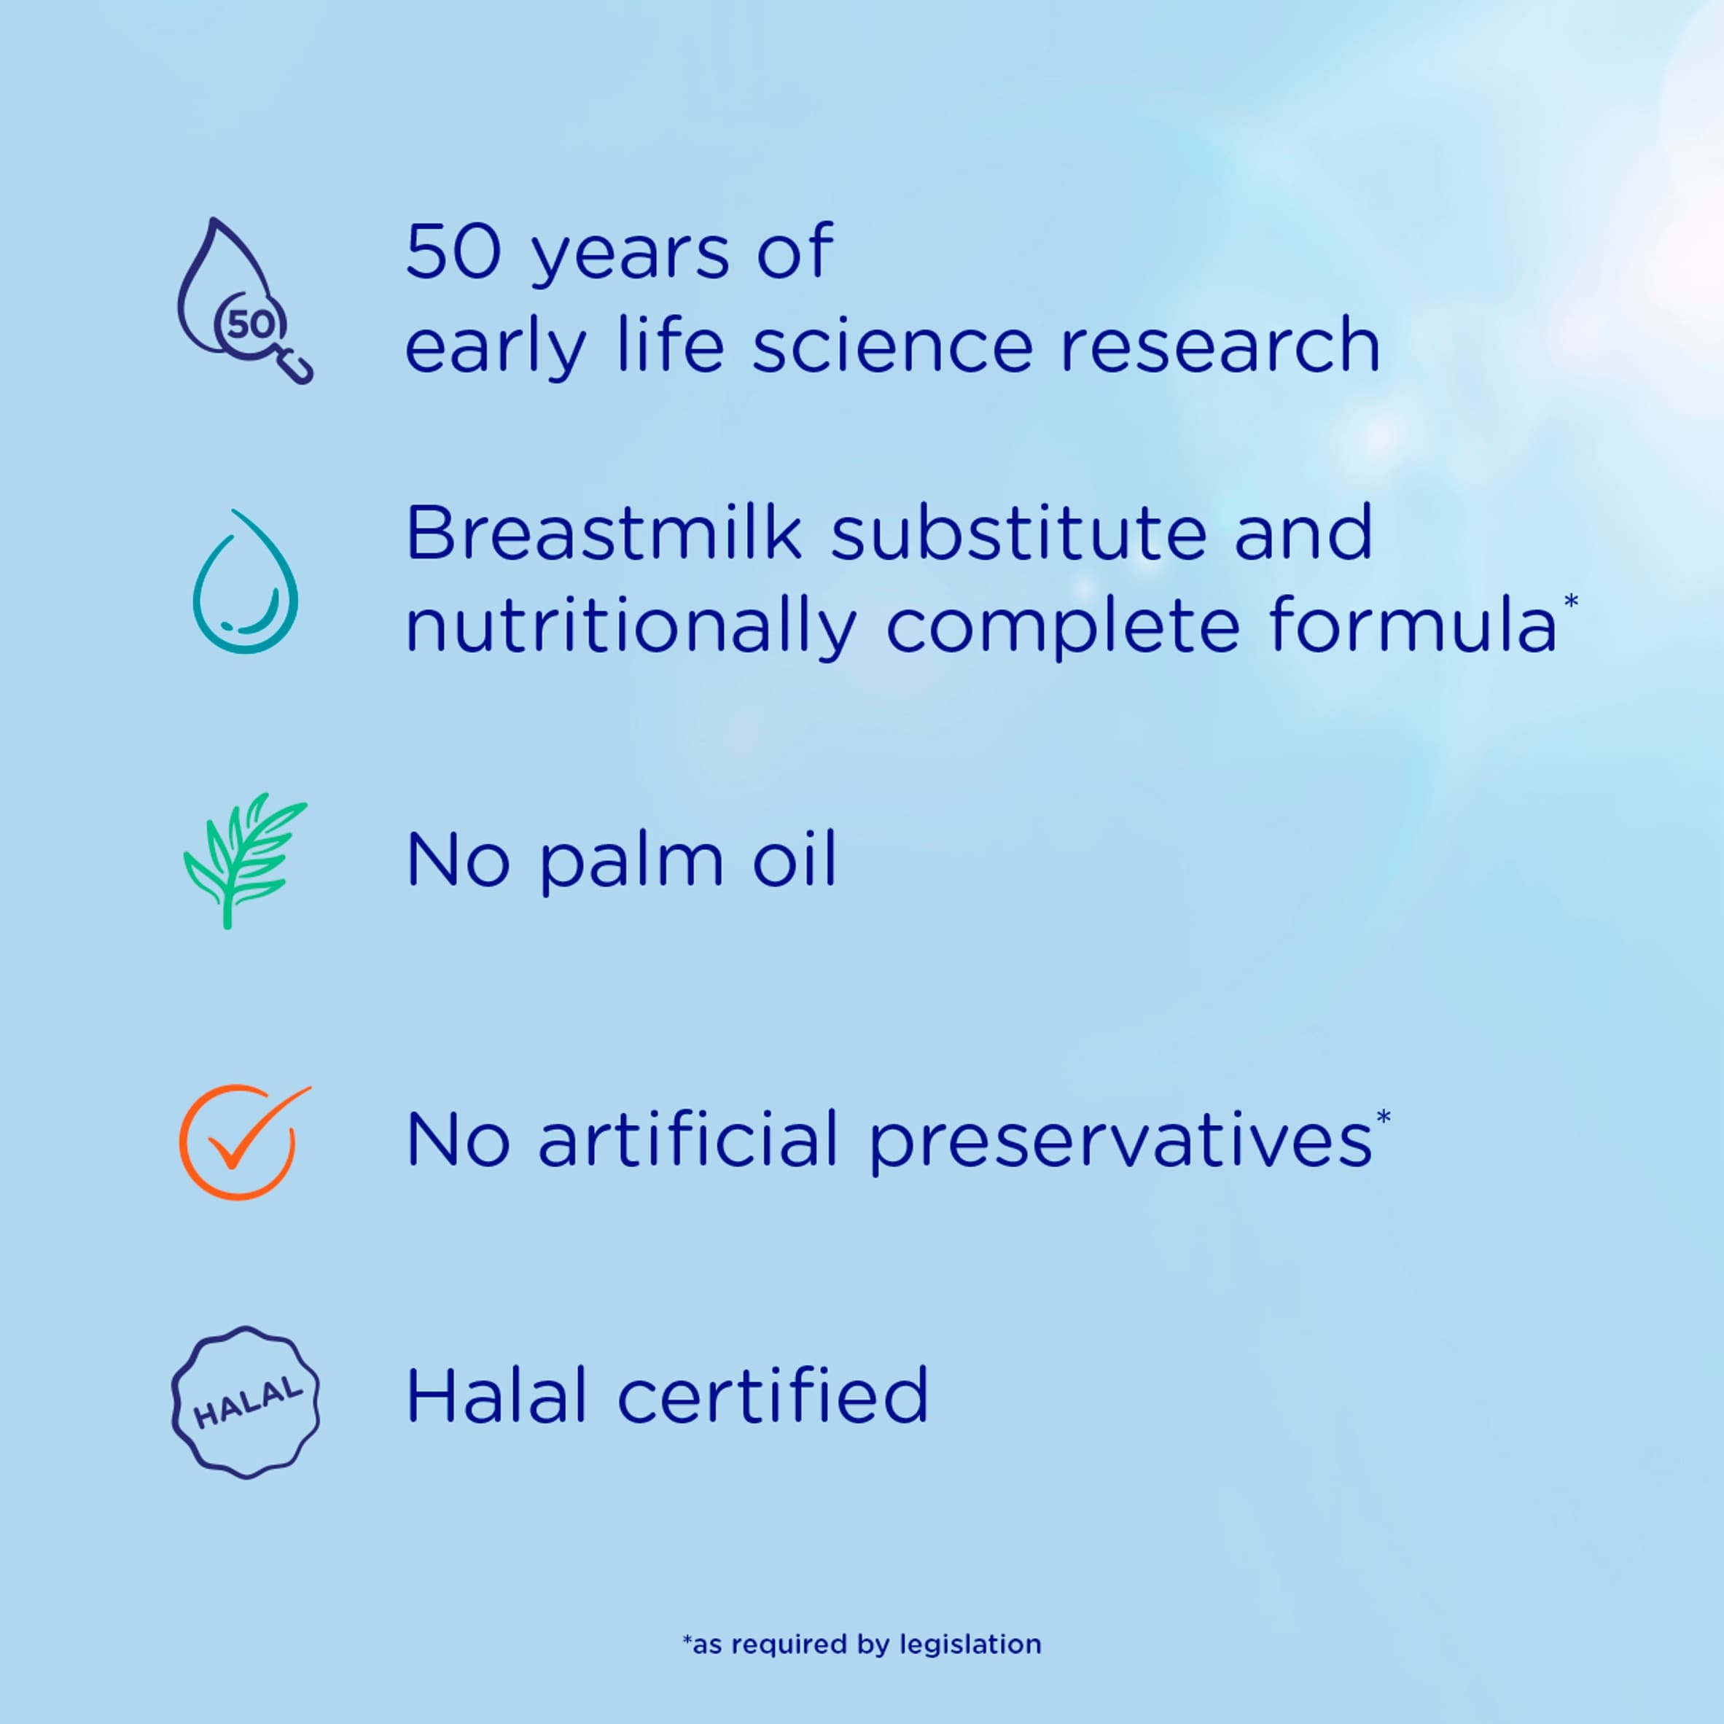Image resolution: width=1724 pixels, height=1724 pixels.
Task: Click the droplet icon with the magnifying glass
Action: point(246,301)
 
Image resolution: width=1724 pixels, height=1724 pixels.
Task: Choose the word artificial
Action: point(688,1139)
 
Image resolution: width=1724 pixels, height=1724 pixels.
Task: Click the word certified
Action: point(773,1395)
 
